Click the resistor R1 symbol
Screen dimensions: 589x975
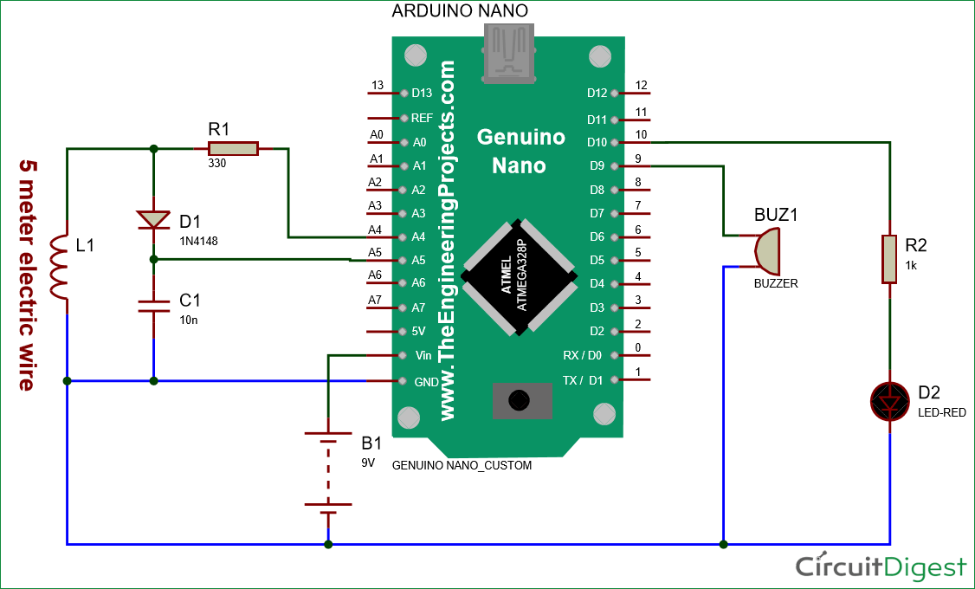click(x=232, y=149)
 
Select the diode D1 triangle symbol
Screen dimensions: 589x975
click(x=153, y=220)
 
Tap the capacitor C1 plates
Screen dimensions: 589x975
click(x=153, y=304)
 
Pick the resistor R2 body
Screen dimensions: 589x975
click(x=889, y=258)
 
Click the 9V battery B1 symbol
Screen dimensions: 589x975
click(x=328, y=472)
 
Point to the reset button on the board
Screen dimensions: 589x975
click(x=519, y=400)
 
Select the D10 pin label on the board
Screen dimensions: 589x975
click(x=597, y=142)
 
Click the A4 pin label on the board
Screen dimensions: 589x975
click(x=419, y=237)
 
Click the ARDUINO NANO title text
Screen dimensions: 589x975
click(x=460, y=11)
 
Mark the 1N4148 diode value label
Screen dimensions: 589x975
click(x=199, y=241)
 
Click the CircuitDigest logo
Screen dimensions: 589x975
click(x=880, y=566)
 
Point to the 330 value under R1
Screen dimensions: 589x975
click(x=216, y=163)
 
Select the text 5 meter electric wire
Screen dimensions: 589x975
click(x=28, y=274)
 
